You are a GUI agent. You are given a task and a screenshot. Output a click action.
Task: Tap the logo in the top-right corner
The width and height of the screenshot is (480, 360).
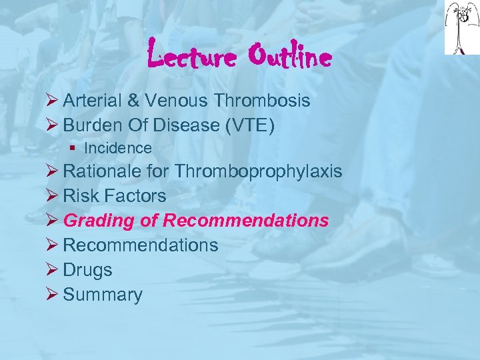point(461,28)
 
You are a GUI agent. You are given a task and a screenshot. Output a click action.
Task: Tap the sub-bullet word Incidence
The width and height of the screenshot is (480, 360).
point(118,148)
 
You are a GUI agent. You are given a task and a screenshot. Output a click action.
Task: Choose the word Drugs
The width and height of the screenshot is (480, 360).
point(87,270)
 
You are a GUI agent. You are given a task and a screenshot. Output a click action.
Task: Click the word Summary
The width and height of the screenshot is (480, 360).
point(103,295)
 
